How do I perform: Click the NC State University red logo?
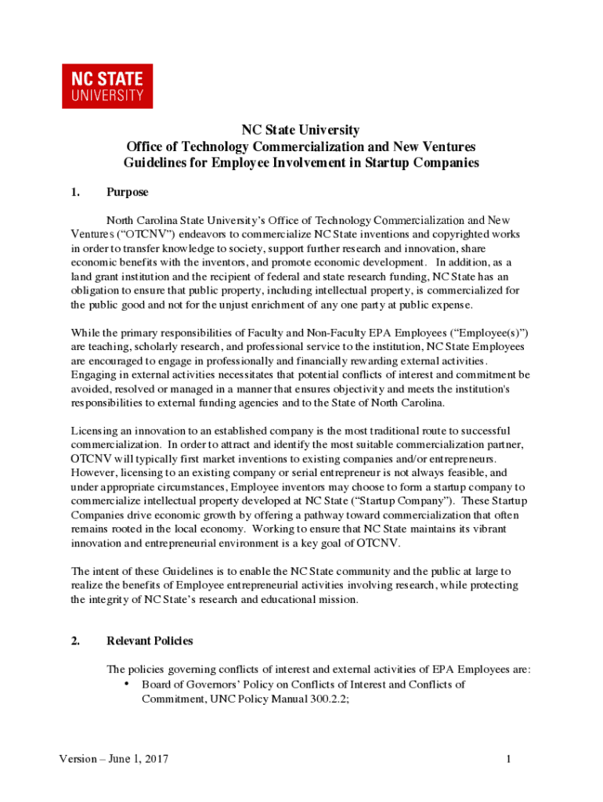point(107,86)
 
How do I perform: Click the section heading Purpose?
point(127,192)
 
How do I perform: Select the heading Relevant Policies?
point(149,641)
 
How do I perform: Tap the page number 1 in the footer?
point(508,759)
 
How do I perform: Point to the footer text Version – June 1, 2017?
point(114,759)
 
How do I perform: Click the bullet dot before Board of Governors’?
point(127,684)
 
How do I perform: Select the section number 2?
point(75,641)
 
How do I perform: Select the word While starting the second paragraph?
point(85,332)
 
